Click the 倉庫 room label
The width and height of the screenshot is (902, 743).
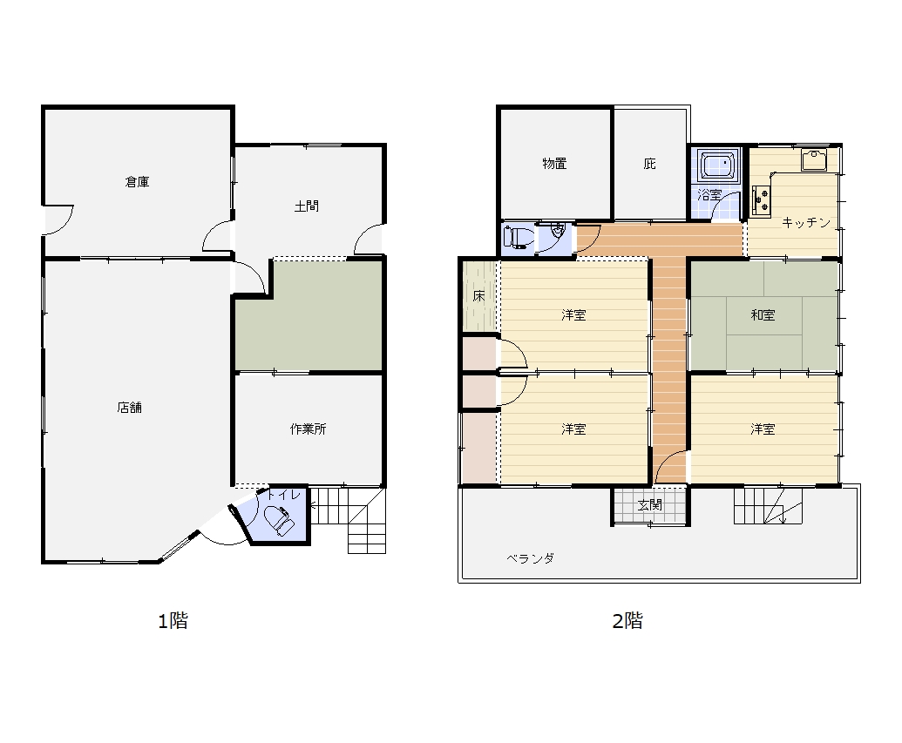pyautogui.click(x=138, y=182)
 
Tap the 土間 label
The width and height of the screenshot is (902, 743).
pyautogui.click(x=307, y=206)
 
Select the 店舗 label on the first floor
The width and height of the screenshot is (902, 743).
pyautogui.click(x=130, y=408)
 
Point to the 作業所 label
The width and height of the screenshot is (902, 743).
pyautogui.click(x=309, y=429)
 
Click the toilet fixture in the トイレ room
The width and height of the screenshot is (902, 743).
pyautogui.click(x=279, y=520)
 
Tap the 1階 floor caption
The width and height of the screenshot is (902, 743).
pyautogui.click(x=173, y=621)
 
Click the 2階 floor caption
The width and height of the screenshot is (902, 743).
pyautogui.click(x=627, y=621)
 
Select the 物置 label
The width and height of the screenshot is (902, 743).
pyautogui.click(x=555, y=164)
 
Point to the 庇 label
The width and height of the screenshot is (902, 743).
pyautogui.click(x=649, y=164)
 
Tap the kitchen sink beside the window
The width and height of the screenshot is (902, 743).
pyautogui.click(x=814, y=160)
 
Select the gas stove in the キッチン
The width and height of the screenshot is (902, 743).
pyautogui.click(x=761, y=200)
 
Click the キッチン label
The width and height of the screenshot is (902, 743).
pyautogui.click(x=806, y=223)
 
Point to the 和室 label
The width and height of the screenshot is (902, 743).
pyautogui.click(x=763, y=315)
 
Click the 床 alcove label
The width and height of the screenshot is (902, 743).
pyautogui.click(x=479, y=296)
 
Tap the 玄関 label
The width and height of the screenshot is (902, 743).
pyautogui.click(x=650, y=505)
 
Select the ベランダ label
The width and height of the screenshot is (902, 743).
pyautogui.click(x=531, y=558)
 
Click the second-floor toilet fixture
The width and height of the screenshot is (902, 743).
pyautogui.click(x=516, y=238)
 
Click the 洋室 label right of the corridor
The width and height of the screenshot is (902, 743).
pyautogui.click(x=763, y=429)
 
